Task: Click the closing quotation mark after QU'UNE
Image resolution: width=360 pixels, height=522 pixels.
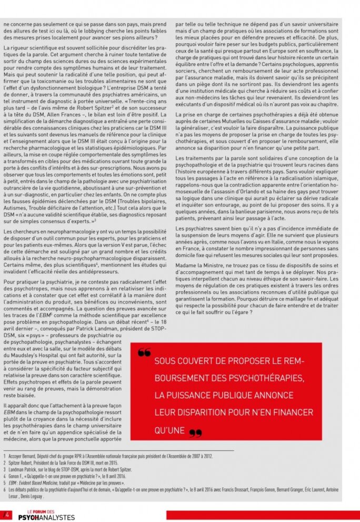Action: (x=195, y=433)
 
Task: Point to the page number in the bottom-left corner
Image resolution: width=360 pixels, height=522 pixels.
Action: (x=7, y=514)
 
